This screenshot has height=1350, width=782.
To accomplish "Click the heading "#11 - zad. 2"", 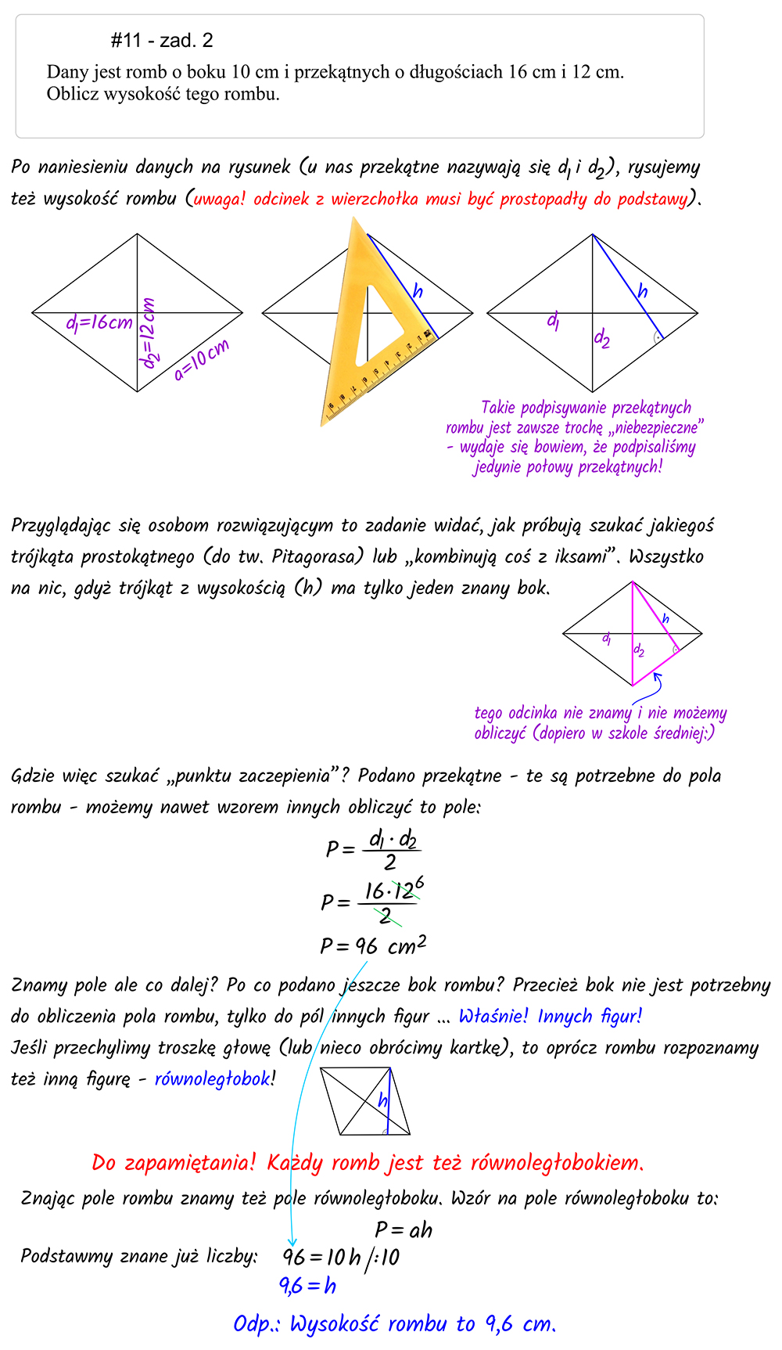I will pyautogui.click(x=162, y=41).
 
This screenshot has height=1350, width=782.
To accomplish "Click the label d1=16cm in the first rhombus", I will pyautogui.click(x=99, y=322).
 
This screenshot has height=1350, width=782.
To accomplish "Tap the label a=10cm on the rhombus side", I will pyautogui.click(x=202, y=360).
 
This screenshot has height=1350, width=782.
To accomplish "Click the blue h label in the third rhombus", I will pyautogui.click(x=642, y=292).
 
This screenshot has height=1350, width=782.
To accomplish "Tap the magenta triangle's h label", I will pyautogui.click(x=665, y=619).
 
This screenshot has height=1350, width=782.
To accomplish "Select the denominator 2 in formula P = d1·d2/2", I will pyautogui.click(x=389, y=862).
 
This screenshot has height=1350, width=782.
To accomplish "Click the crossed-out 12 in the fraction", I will pyautogui.click(x=404, y=891).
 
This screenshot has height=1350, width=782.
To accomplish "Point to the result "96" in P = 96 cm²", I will pyautogui.click(x=367, y=947).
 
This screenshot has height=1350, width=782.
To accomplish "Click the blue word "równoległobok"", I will pyautogui.click(x=212, y=1079).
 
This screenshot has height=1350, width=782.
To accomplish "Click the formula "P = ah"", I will pyautogui.click(x=404, y=1229).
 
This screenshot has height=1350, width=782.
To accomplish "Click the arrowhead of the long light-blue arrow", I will pyautogui.click(x=292, y=1242).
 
